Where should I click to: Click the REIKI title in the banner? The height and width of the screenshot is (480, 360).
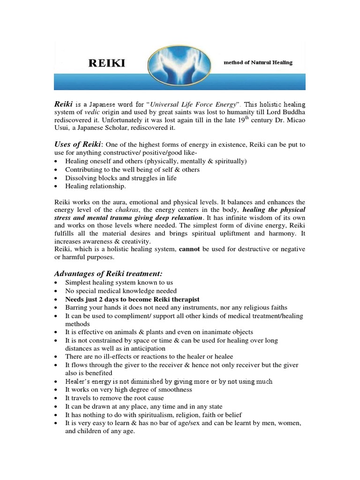(x=107, y=63)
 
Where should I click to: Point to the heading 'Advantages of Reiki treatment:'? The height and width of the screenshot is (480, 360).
(x=109, y=273)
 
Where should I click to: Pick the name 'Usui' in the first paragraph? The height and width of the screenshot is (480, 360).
(x=62, y=127)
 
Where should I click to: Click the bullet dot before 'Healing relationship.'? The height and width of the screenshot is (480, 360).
(x=57, y=187)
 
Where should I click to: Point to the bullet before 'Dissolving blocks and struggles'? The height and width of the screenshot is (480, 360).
(x=57, y=178)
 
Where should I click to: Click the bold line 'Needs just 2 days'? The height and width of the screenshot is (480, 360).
(x=132, y=299)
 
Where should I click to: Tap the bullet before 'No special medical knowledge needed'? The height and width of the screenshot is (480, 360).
(x=57, y=291)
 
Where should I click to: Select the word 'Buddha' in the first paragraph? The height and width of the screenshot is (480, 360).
(x=294, y=111)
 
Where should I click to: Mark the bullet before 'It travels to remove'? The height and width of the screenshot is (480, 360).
(x=57, y=398)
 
